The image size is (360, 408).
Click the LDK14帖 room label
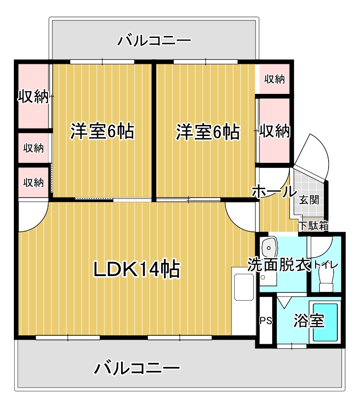tap(137, 269)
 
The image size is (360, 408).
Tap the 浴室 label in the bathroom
tap(308, 321)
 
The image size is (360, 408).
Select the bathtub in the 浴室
tap(325, 322)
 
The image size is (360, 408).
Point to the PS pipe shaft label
tap(265, 320)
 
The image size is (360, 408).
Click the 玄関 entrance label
tap(309, 200)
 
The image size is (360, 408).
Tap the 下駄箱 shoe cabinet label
tap(313, 226)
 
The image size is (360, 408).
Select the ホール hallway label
tap(274, 191)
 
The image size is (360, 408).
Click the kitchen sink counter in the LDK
tap(243, 286)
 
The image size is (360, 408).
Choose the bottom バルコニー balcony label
tap(137, 369)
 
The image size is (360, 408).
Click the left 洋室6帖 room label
tap(102, 131)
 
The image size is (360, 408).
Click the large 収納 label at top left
tap(33, 97)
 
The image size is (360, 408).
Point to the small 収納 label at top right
tap(275, 79)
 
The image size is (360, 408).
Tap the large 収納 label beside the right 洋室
tap(275, 131)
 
